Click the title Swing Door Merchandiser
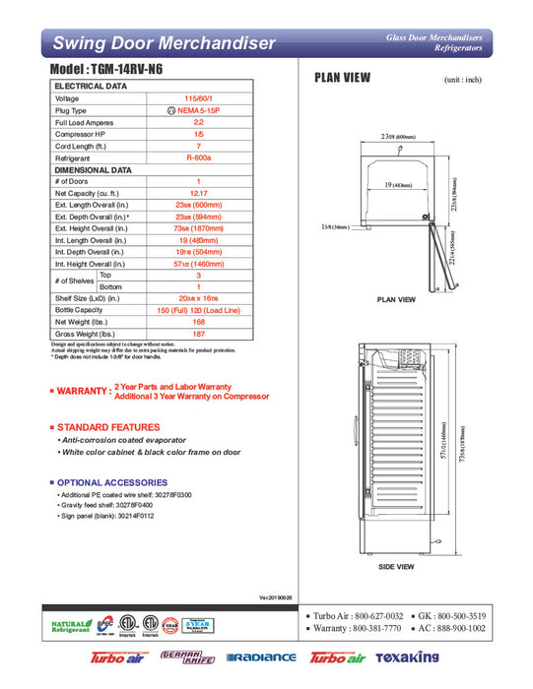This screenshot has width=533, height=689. pos(163,43)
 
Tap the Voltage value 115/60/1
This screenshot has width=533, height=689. pos(198,98)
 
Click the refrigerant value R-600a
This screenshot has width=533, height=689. pos(198,157)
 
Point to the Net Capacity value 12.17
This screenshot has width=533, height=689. pos(198,193)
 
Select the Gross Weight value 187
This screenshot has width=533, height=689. pos(198,333)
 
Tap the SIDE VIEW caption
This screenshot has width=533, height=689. pos(396,567)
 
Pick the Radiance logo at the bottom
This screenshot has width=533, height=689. pos(260,658)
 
